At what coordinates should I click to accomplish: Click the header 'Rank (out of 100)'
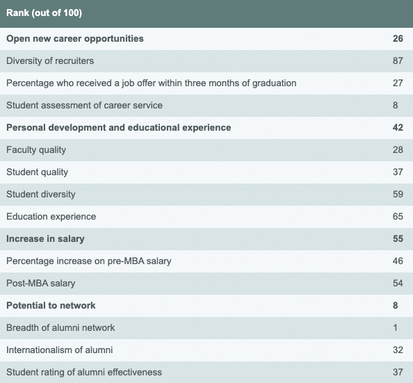(x=44, y=13)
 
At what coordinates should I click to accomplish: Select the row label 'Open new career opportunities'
(x=75, y=39)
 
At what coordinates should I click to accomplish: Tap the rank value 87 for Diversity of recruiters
(x=398, y=61)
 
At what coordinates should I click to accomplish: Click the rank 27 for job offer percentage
(x=398, y=83)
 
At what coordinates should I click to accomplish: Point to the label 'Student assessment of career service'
(x=84, y=106)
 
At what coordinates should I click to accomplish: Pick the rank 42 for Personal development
(x=398, y=127)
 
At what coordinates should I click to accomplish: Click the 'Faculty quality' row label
(x=36, y=150)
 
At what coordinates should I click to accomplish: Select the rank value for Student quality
(x=398, y=172)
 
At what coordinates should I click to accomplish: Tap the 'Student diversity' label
(x=41, y=195)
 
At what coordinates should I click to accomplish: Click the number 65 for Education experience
(x=398, y=217)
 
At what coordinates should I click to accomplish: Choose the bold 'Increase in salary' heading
(x=45, y=239)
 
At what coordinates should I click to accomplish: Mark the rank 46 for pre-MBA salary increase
(x=398, y=261)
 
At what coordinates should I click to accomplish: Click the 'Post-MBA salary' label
(x=41, y=284)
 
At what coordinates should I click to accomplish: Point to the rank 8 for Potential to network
(x=396, y=306)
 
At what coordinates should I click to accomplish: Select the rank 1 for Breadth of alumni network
(x=396, y=327)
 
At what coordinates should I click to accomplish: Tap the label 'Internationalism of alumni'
(x=60, y=350)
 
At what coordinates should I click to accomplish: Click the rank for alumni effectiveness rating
(x=398, y=372)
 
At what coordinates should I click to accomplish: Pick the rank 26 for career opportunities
(x=398, y=39)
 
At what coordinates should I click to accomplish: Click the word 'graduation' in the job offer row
(x=274, y=83)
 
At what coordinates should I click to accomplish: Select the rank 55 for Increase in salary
(x=398, y=239)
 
